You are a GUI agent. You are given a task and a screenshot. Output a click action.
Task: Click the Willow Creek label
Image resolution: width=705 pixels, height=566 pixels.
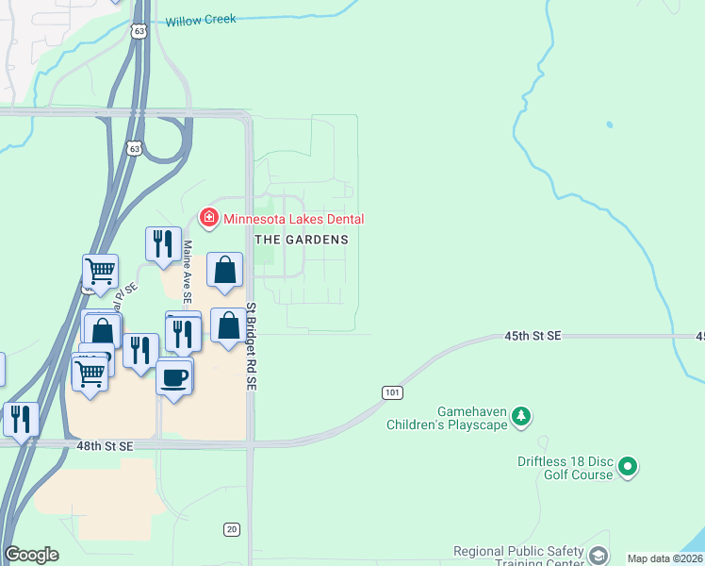pos(201,20)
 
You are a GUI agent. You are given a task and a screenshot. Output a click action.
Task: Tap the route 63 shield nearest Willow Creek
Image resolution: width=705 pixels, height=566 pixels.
pos(139,31)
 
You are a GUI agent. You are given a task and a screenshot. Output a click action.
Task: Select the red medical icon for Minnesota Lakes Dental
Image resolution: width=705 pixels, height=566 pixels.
pos(208,220)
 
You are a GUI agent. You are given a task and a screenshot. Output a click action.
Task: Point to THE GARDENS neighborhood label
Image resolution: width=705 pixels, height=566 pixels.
pos(303,240)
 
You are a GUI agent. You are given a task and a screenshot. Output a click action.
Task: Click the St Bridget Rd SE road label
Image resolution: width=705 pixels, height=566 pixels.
pos(252,348)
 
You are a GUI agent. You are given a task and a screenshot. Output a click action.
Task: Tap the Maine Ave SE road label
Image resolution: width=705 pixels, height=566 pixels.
pos(188,271)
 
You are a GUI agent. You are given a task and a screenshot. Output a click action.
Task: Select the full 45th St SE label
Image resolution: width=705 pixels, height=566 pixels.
pos(533,336)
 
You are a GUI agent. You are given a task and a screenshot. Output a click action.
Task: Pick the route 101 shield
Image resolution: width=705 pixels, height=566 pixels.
pos(393,391)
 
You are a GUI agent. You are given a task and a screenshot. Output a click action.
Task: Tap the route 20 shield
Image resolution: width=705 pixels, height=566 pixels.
pos(232,529)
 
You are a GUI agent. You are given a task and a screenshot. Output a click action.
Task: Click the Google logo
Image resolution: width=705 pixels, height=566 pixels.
pos(31,555)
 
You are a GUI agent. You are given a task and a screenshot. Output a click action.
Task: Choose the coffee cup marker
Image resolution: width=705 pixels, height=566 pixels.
pos(174,378)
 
